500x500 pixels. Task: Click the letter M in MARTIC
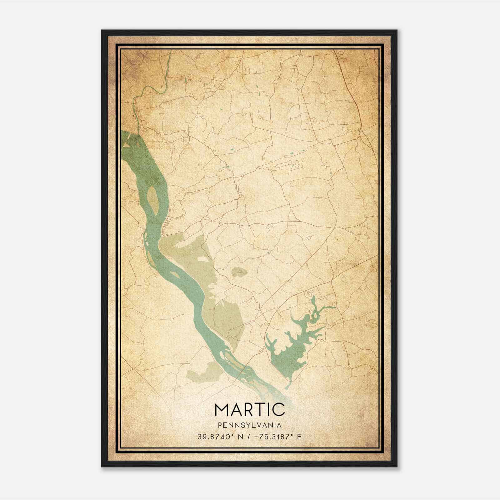[x=222, y=409]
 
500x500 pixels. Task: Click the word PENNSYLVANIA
[x=250, y=425]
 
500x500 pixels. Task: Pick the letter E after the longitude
[x=300, y=437]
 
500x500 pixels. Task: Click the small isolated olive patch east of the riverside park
[x=239, y=272]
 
